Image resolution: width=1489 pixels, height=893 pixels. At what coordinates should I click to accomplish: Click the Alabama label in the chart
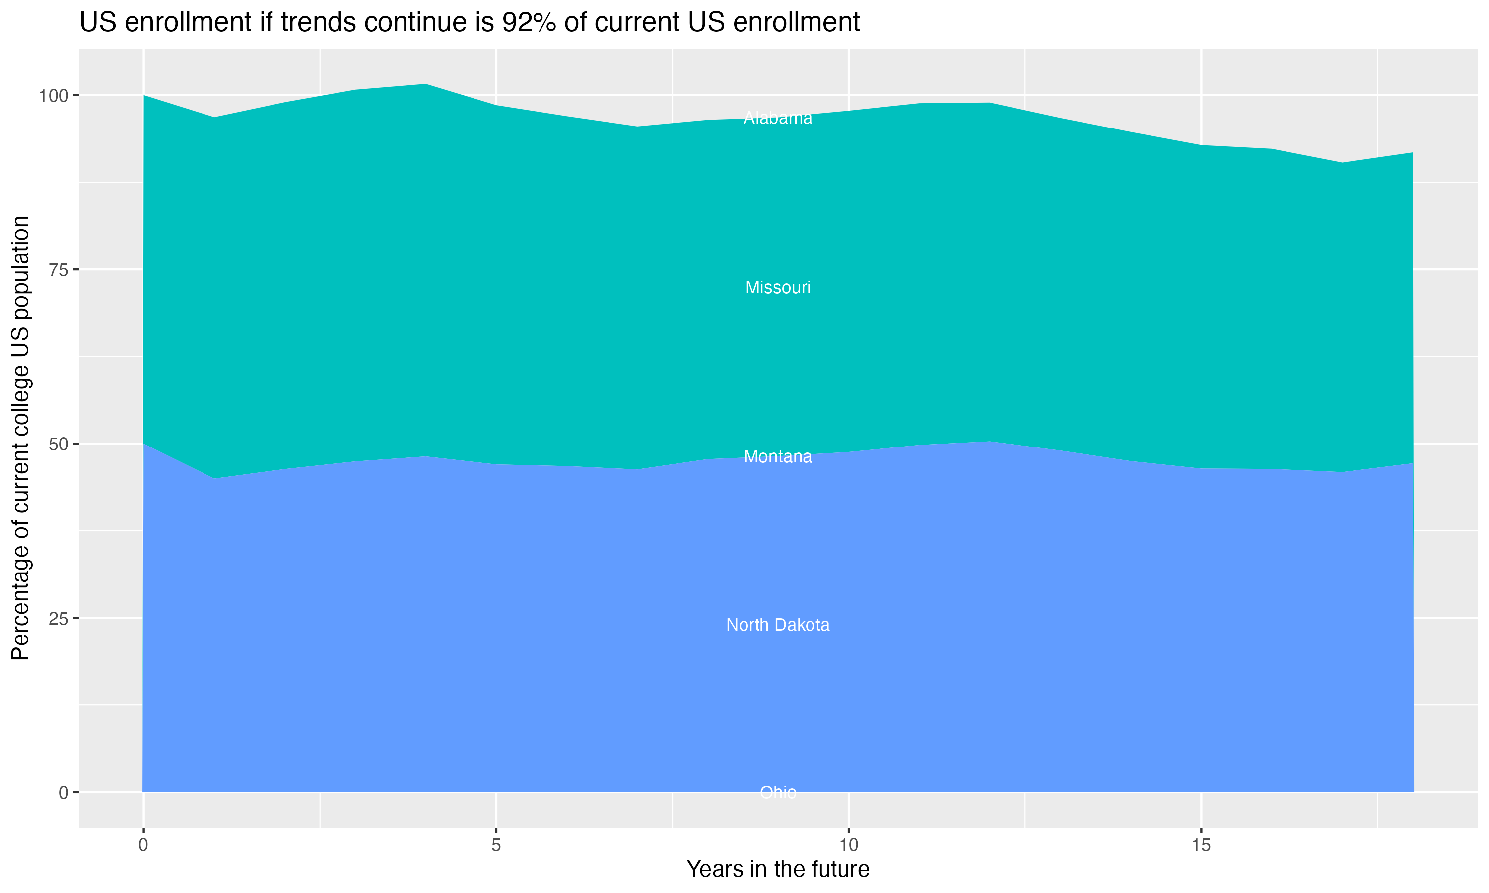(778, 118)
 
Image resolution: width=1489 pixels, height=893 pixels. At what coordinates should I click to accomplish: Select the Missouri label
(778, 288)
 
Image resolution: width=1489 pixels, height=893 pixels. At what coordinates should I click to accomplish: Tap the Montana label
(778, 457)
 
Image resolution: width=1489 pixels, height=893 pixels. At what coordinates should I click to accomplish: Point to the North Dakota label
(778, 625)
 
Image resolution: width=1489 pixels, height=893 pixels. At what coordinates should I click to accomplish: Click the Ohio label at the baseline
(778, 792)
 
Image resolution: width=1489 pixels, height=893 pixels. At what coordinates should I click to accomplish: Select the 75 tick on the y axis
(59, 270)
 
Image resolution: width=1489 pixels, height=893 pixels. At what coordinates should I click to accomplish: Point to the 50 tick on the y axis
(59, 444)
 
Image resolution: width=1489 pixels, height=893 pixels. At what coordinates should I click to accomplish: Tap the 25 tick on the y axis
(59, 619)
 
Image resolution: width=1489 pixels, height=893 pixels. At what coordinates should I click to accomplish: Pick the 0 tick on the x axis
(143, 845)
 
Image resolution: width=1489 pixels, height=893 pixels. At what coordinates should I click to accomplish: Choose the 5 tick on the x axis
(496, 845)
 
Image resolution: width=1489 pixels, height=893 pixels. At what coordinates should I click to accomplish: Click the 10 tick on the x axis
(849, 845)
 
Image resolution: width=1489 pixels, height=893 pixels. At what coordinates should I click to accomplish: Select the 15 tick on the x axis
(1201, 845)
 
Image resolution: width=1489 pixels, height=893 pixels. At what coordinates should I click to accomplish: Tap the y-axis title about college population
(20, 438)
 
